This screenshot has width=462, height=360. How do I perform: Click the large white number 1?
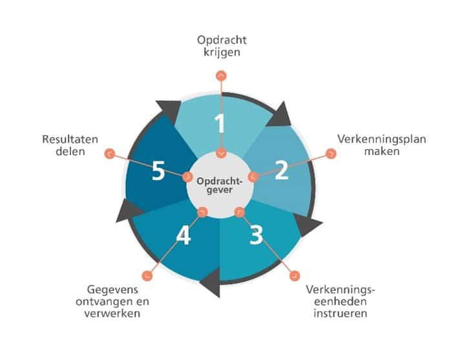click(x=220, y=123)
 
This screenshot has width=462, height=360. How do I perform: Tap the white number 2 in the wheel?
click(x=282, y=170)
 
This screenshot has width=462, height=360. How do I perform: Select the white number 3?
click(x=256, y=235)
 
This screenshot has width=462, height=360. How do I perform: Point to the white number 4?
click(x=184, y=235)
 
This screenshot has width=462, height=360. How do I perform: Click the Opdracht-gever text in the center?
click(x=220, y=185)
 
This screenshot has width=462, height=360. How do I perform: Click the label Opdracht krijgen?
click(x=222, y=46)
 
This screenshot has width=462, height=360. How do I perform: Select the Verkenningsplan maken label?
click(x=382, y=145)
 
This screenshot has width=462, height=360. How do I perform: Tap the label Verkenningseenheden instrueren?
click(x=341, y=301)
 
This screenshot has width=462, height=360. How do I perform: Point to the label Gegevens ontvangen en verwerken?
click(x=112, y=301)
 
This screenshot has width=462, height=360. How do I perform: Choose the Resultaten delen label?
click(x=70, y=145)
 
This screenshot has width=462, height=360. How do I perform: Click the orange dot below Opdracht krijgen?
click(x=221, y=76)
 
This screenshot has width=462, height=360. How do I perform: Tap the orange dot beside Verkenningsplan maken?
click(x=331, y=153)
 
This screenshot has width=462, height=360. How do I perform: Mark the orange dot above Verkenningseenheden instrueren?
click(x=295, y=276)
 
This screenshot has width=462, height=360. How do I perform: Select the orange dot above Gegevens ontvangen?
click(x=147, y=276)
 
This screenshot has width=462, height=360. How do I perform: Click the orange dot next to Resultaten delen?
click(x=110, y=153)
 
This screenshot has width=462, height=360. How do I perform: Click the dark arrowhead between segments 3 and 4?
click(x=212, y=283)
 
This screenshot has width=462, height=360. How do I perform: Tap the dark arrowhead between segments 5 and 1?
click(x=170, y=111)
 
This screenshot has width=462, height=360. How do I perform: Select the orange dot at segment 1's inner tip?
click(x=221, y=153)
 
